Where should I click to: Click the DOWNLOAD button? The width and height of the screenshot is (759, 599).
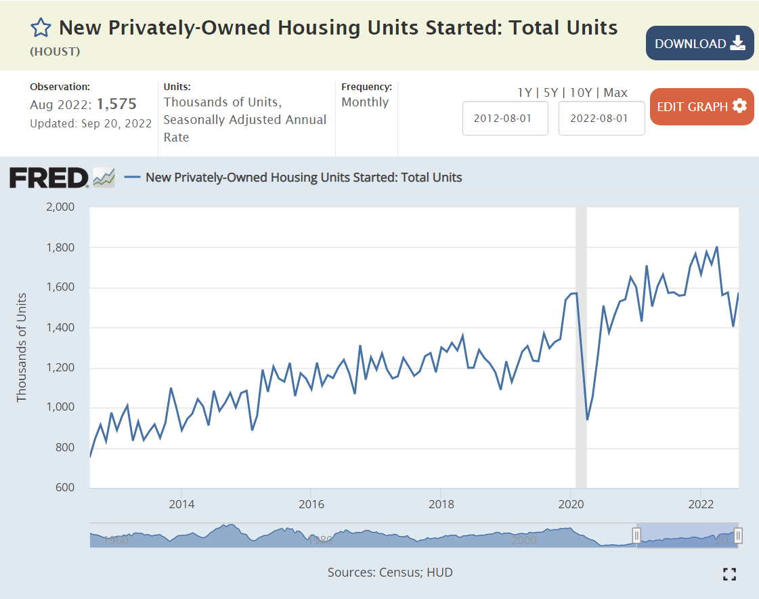[699, 43]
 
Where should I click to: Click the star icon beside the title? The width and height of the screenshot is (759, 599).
[41, 28]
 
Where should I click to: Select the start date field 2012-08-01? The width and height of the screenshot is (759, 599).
[505, 118]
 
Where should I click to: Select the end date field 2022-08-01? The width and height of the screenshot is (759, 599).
[601, 118]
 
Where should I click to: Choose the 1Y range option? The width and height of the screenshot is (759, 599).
[525, 93]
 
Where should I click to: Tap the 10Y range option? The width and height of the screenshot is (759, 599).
[581, 93]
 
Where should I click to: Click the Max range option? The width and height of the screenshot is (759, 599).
[615, 93]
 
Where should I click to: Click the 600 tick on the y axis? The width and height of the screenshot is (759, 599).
[65, 488]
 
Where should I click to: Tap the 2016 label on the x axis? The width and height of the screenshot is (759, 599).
[311, 504]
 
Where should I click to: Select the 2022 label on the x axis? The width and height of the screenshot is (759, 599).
[701, 504]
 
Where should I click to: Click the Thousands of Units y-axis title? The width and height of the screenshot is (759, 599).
[22, 347]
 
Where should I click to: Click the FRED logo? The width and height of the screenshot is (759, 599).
[49, 178]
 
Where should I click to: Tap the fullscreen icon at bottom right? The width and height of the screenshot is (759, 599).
[729, 575]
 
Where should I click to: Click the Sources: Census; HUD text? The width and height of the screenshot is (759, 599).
[390, 573]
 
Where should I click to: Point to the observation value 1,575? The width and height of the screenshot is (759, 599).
[116, 104]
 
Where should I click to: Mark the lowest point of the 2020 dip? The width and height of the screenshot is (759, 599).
[587, 419]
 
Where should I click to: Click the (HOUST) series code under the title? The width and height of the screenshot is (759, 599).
[55, 51]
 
